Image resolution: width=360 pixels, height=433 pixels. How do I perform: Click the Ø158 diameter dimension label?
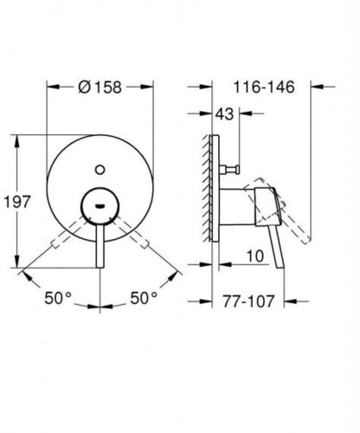100,87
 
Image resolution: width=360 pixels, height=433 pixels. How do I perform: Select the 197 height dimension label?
17,202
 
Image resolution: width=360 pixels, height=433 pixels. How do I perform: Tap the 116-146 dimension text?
264,87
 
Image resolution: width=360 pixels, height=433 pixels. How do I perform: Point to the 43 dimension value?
224,114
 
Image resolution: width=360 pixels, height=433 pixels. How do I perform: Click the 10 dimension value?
255,256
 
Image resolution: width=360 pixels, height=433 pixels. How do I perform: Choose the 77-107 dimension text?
248,301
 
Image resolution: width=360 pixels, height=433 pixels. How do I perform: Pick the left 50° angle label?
58,298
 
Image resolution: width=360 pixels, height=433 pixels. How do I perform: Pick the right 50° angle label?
144,298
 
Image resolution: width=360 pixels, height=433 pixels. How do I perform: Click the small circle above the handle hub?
100,170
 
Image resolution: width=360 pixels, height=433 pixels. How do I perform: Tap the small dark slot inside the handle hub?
100,206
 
